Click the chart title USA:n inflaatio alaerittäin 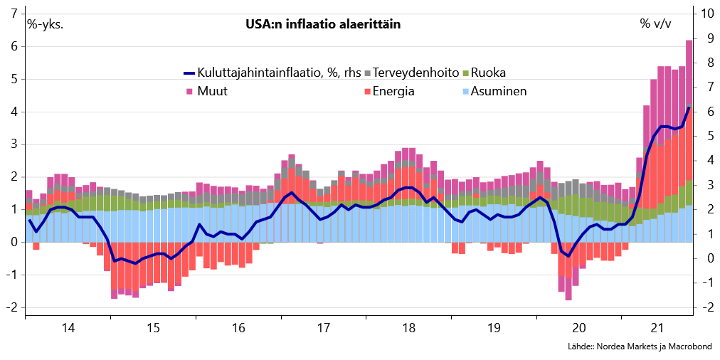322,24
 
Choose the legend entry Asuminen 499,91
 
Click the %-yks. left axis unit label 45,24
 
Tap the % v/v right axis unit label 655,24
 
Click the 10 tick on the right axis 707,14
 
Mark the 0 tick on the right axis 704,258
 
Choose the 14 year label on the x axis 68,328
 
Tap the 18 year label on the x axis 408,328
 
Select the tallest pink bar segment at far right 689,71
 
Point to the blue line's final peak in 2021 689,107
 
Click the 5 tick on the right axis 704,136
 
